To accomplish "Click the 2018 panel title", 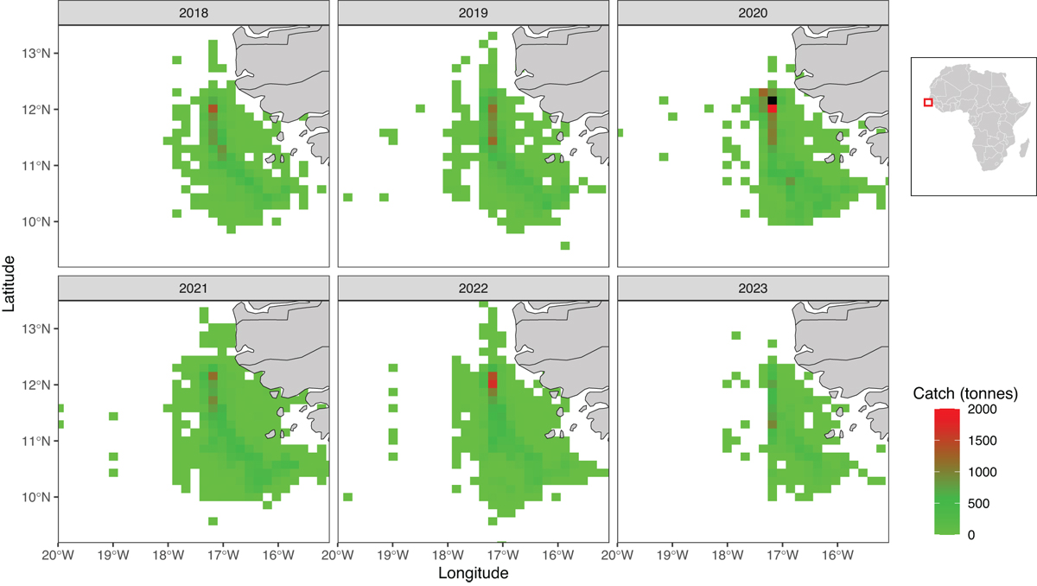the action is pos(194,12).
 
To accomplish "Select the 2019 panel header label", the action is pos(474,12).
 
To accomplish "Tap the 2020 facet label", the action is pos(753,12).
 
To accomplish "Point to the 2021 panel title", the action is pos(194,289).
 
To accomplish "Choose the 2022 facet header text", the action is pos(474,289).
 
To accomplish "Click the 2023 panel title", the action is pos(753,289).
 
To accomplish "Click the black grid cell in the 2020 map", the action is pos(773,100).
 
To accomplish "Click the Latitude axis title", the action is pos(9,283).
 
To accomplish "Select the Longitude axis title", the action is pos(474,573).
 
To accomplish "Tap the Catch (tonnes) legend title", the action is pos(965,393).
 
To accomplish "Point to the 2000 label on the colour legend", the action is pos(982,409).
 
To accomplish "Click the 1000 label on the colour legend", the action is pos(982,472).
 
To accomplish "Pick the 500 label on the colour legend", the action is pos(978,504).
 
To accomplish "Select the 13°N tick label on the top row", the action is pos(35,54).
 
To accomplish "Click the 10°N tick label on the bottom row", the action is pos(35,497).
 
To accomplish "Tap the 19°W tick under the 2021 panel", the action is pos(113,555).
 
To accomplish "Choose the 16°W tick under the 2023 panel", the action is pos(838,555).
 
